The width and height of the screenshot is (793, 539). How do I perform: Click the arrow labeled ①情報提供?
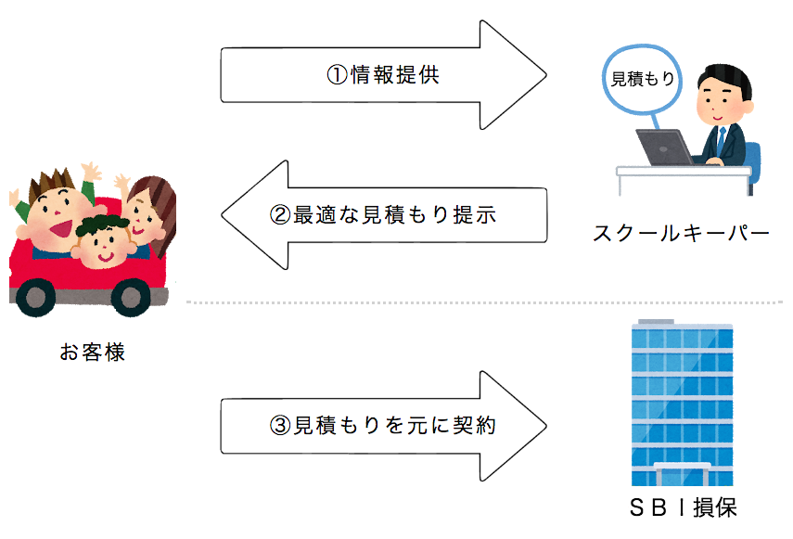tap(383, 75)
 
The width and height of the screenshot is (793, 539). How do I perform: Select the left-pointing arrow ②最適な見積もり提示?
tap(383, 215)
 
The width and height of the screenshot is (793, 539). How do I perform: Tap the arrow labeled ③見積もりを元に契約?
tap(383, 426)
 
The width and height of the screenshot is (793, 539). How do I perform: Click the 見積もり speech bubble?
tap(642, 79)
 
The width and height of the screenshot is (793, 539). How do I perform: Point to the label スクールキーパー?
tap(681, 234)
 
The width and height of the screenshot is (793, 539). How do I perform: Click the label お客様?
tap(92, 352)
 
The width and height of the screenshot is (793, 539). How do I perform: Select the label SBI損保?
tap(683, 507)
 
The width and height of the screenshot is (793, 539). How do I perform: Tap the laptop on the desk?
tap(663, 148)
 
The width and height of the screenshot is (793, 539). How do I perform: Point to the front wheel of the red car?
tap(36, 297)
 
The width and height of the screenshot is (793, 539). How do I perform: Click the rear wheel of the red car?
tap(131, 297)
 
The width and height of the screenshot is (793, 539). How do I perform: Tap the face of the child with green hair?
tap(105, 248)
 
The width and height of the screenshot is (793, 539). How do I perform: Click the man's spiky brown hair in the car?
tap(52, 182)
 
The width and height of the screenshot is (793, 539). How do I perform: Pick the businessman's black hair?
tap(725, 77)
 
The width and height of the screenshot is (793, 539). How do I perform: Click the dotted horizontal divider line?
tap(484, 302)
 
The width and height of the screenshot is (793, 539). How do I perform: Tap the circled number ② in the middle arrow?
tap(280, 215)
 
